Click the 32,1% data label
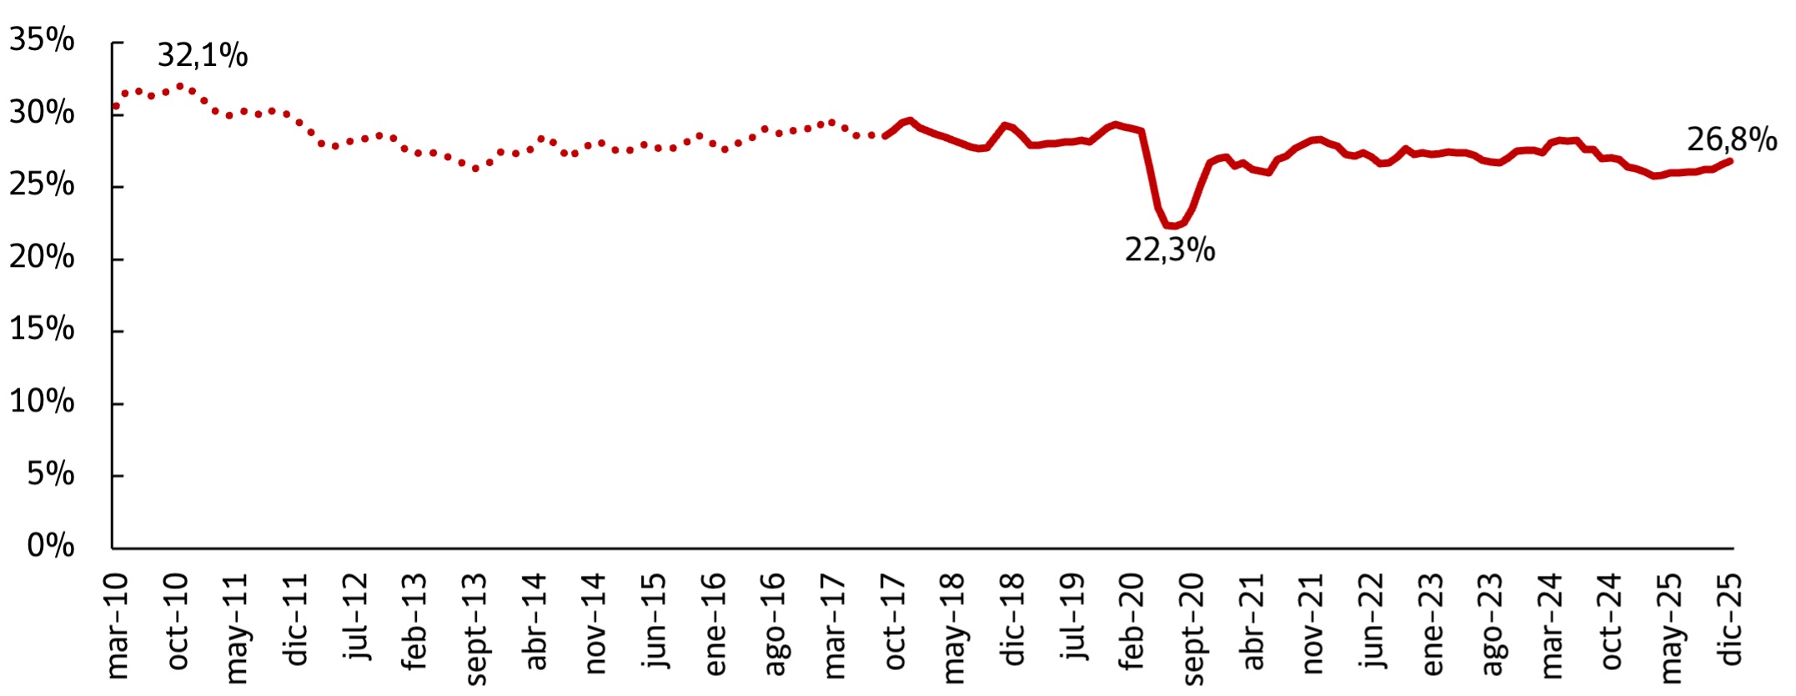(203, 56)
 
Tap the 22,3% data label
(1170, 250)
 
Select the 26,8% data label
(1732, 139)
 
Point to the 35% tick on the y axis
(42, 40)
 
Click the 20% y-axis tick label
(42, 257)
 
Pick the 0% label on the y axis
(50, 546)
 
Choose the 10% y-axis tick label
(42, 401)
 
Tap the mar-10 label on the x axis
(118, 626)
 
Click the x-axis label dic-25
(1731, 619)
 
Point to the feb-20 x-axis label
(1132, 623)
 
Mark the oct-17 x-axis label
(894, 622)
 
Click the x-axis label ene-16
(715, 624)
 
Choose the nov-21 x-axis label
(1312, 623)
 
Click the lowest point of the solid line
(1173, 225)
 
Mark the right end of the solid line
(1731, 160)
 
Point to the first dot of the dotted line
(116, 106)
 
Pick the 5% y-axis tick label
(50, 474)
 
